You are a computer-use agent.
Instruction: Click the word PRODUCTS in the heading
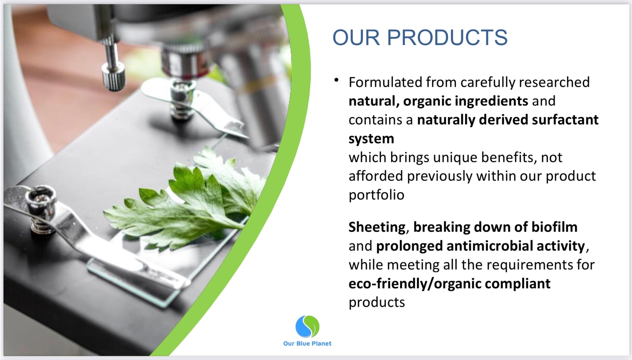(x=447, y=38)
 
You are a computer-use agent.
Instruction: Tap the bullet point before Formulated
(x=337, y=80)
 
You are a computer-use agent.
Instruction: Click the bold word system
(x=371, y=139)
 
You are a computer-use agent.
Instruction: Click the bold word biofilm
(x=554, y=227)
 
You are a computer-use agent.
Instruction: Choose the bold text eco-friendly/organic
(x=415, y=284)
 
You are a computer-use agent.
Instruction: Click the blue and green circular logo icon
(x=307, y=327)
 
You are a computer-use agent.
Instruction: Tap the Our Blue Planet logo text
(x=307, y=344)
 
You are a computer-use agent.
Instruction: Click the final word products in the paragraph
(x=377, y=303)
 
